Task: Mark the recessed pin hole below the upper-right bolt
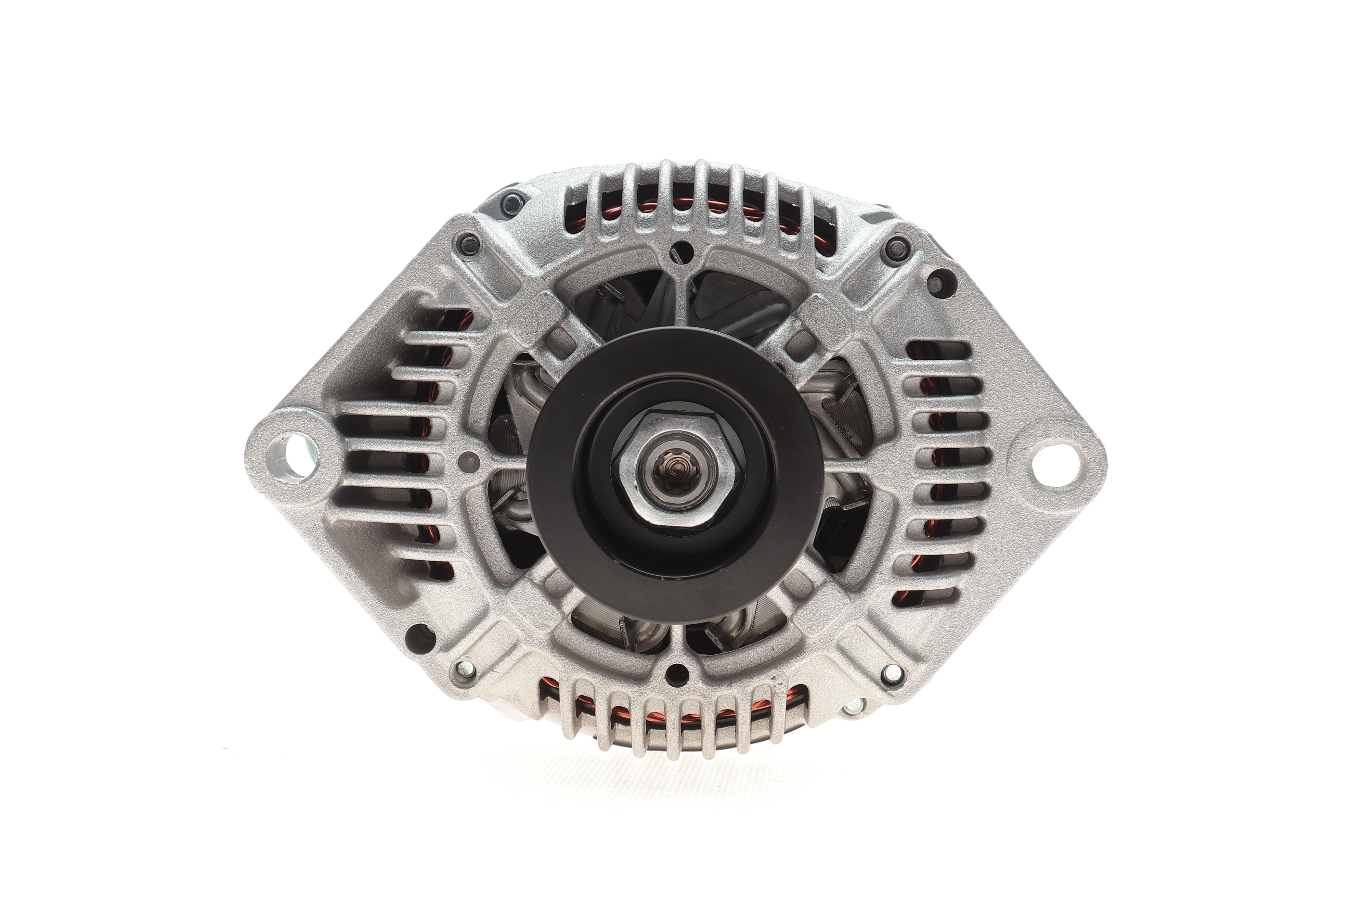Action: [x=934, y=283]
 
